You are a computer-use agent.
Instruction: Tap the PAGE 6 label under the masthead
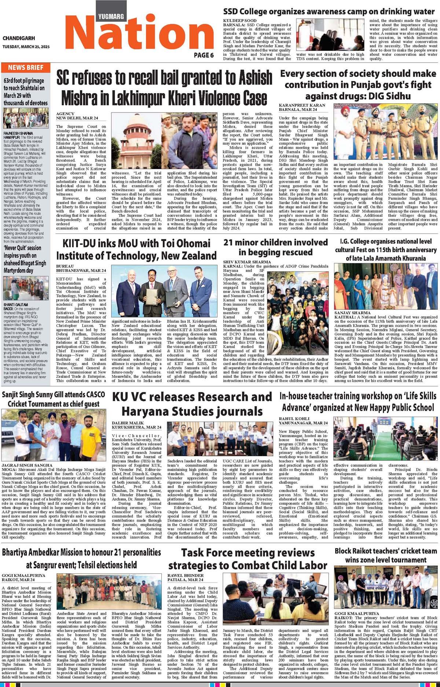(x=204, y=55)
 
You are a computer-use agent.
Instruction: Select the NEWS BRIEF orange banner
(x=26, y=67)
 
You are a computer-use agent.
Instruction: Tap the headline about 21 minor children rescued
(x=275, y=247)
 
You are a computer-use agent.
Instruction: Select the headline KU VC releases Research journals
(x=192, y=403)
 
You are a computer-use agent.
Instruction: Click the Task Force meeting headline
(x=248, y=559)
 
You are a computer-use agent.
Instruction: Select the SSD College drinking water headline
(x=329, y=11)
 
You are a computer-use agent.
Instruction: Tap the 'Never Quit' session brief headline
(x=25, y=259)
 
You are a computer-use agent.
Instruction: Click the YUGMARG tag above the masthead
(x=111, y=16)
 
